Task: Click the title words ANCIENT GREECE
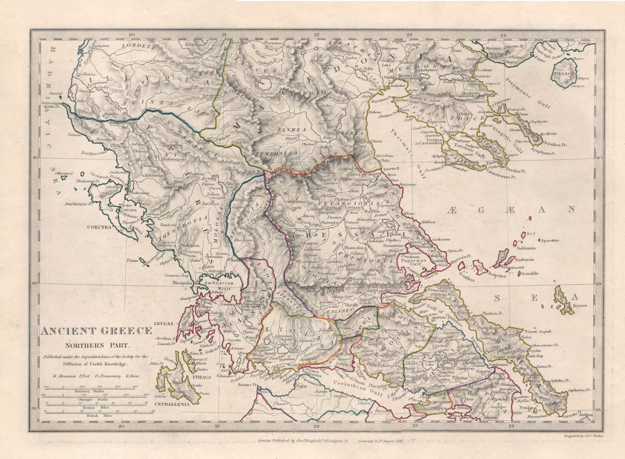pos(96,332)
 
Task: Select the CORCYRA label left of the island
pos(100,226)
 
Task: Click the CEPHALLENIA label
pos(172,404)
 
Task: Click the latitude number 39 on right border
pos(597,284)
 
